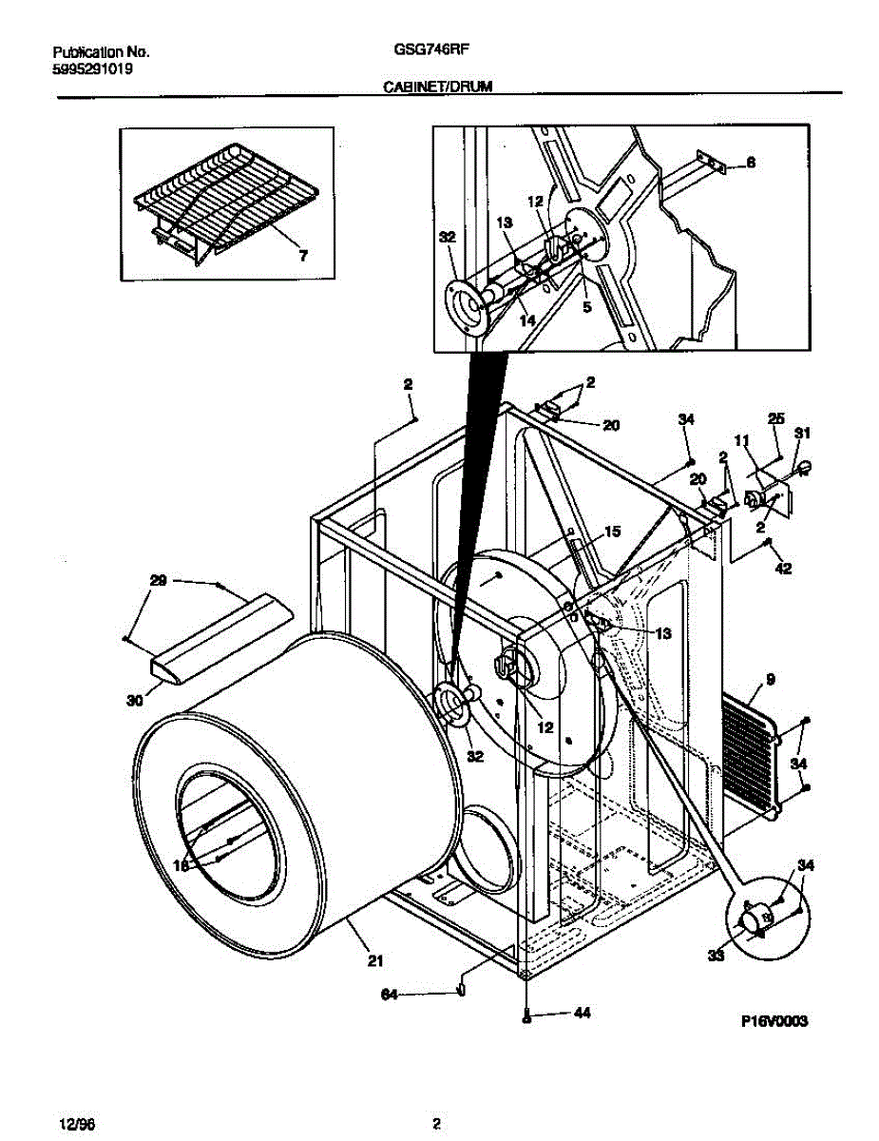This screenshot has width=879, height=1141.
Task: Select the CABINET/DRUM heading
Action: point(436,86)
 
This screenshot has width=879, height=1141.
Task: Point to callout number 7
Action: point(304,256)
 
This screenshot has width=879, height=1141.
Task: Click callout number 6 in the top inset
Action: point(750,163)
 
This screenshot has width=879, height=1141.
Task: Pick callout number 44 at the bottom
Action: point(582,1014)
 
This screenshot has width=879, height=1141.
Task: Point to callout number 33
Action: point(714,956)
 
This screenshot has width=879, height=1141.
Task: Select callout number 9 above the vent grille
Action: point(770,679)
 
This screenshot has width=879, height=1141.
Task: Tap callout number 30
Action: point(134,701)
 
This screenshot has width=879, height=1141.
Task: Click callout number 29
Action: point(159,579)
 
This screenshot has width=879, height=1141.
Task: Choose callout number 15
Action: point(611,532)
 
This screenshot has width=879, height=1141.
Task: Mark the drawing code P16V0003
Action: point(774,1021)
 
